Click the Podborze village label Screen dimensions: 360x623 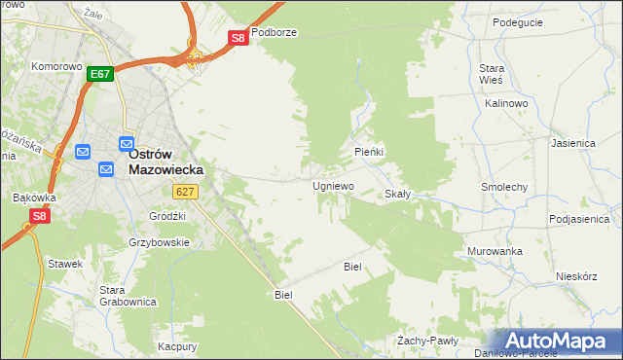(x=274, y=32)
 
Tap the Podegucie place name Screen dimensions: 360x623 (x=517, y=22)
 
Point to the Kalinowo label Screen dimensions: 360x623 (x=505, y=102)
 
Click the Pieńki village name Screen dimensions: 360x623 (x=369, y=153)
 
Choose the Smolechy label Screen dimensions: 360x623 (x=504, y=186)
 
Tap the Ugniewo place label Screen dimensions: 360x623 (x=333, y=185)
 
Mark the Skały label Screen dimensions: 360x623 (x=397, y=194)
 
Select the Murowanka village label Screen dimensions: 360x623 (x=494, y=251)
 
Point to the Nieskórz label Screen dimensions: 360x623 (x=575, y=275)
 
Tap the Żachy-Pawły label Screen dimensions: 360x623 (x=427, y=341)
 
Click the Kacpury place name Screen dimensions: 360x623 (x=178, y=346)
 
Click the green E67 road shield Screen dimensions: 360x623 (x=100, y=74)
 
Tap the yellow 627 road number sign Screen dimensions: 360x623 (x=187, y=192)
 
